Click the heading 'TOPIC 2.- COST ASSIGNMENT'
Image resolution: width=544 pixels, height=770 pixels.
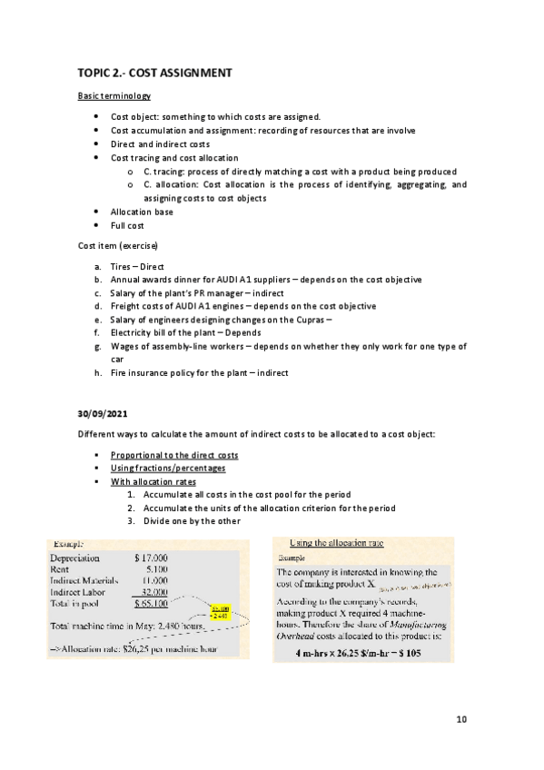click(x=154, y=72)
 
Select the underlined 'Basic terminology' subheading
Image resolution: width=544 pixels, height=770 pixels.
click(x=114, y=95)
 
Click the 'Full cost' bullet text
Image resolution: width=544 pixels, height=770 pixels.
click(x=127, y=225)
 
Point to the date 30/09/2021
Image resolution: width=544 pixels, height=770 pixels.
click(x=102, y=414)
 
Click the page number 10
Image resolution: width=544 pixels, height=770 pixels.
click(x=461, y=720)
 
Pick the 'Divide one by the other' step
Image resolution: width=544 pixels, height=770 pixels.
click(x=188, y=521)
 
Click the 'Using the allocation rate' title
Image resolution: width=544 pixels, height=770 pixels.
click(x=335, y=543)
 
